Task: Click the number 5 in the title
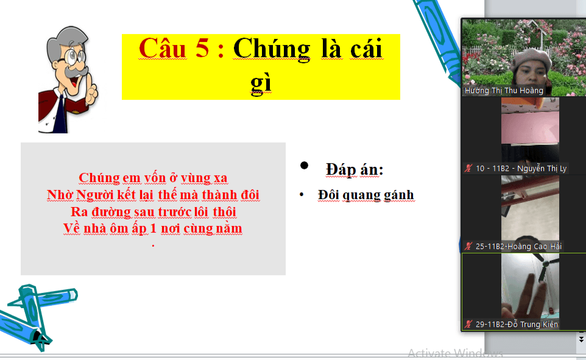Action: coord(202,48)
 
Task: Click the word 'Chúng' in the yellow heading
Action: coord(272,49)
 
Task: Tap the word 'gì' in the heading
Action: coord(261,83)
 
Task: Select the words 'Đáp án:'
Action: coord(355,170)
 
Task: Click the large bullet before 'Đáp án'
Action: coord(304,165)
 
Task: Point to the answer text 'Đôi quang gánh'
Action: coord(366,195)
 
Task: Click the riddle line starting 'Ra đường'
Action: coord(154,211)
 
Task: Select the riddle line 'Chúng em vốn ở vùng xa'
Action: coord(153,178)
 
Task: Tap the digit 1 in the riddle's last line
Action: coord(154,228)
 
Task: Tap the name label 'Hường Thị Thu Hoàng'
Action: coord(503,91)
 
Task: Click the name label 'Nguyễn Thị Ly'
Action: coord(542,169)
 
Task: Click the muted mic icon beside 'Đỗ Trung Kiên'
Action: coord(468,324)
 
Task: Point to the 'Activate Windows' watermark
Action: coord(455,353)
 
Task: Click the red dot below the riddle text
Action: coord(154,245)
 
